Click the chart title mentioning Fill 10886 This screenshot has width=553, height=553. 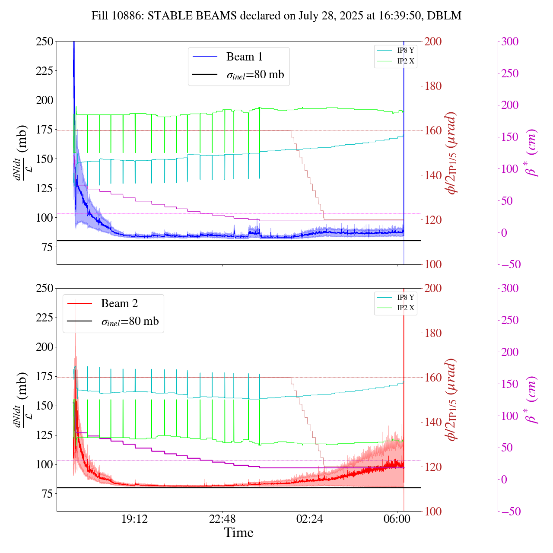[x=276, y=16]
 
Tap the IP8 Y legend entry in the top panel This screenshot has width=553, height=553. [x=405, y=50]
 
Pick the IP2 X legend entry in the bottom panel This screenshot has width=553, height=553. [x=405, y=308]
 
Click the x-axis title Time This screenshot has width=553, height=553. [x=238, y=533]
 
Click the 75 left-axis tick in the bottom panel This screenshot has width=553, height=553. [x=47, y=494]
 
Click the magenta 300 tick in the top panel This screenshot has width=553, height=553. [x=510, y=41]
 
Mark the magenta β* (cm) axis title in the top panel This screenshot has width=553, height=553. [x=532, y=153]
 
